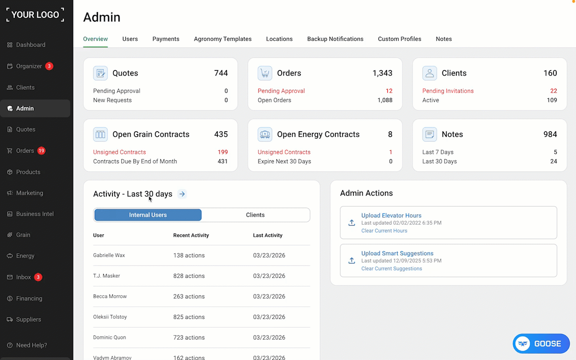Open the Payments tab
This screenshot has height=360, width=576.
point(166,39)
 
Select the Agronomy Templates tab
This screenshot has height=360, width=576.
point(222,39)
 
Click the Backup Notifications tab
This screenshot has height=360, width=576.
point(335,39)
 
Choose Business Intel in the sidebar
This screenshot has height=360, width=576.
point(35,214)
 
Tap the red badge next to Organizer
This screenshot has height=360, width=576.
point(49,66)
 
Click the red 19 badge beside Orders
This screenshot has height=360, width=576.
point(41,151)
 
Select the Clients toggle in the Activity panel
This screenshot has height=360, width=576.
point(255,215)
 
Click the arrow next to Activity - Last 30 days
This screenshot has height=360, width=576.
point(182,194)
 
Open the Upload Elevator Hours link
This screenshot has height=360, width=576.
point(391,215)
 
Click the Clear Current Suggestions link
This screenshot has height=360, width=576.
point(392,269)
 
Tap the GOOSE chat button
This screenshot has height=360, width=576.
point(541,343)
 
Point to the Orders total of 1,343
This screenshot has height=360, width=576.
point(382,73)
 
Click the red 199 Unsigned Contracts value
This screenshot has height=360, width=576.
point(223,152)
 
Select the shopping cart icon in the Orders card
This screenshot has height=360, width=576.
point(265,73)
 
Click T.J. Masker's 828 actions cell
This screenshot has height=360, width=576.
point(189,276)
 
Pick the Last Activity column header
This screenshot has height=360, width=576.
point(267,235)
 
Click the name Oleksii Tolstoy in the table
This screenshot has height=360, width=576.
point(110,317)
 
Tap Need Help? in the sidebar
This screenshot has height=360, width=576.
point(31,345)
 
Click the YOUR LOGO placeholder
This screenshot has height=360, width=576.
point(35,14)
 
